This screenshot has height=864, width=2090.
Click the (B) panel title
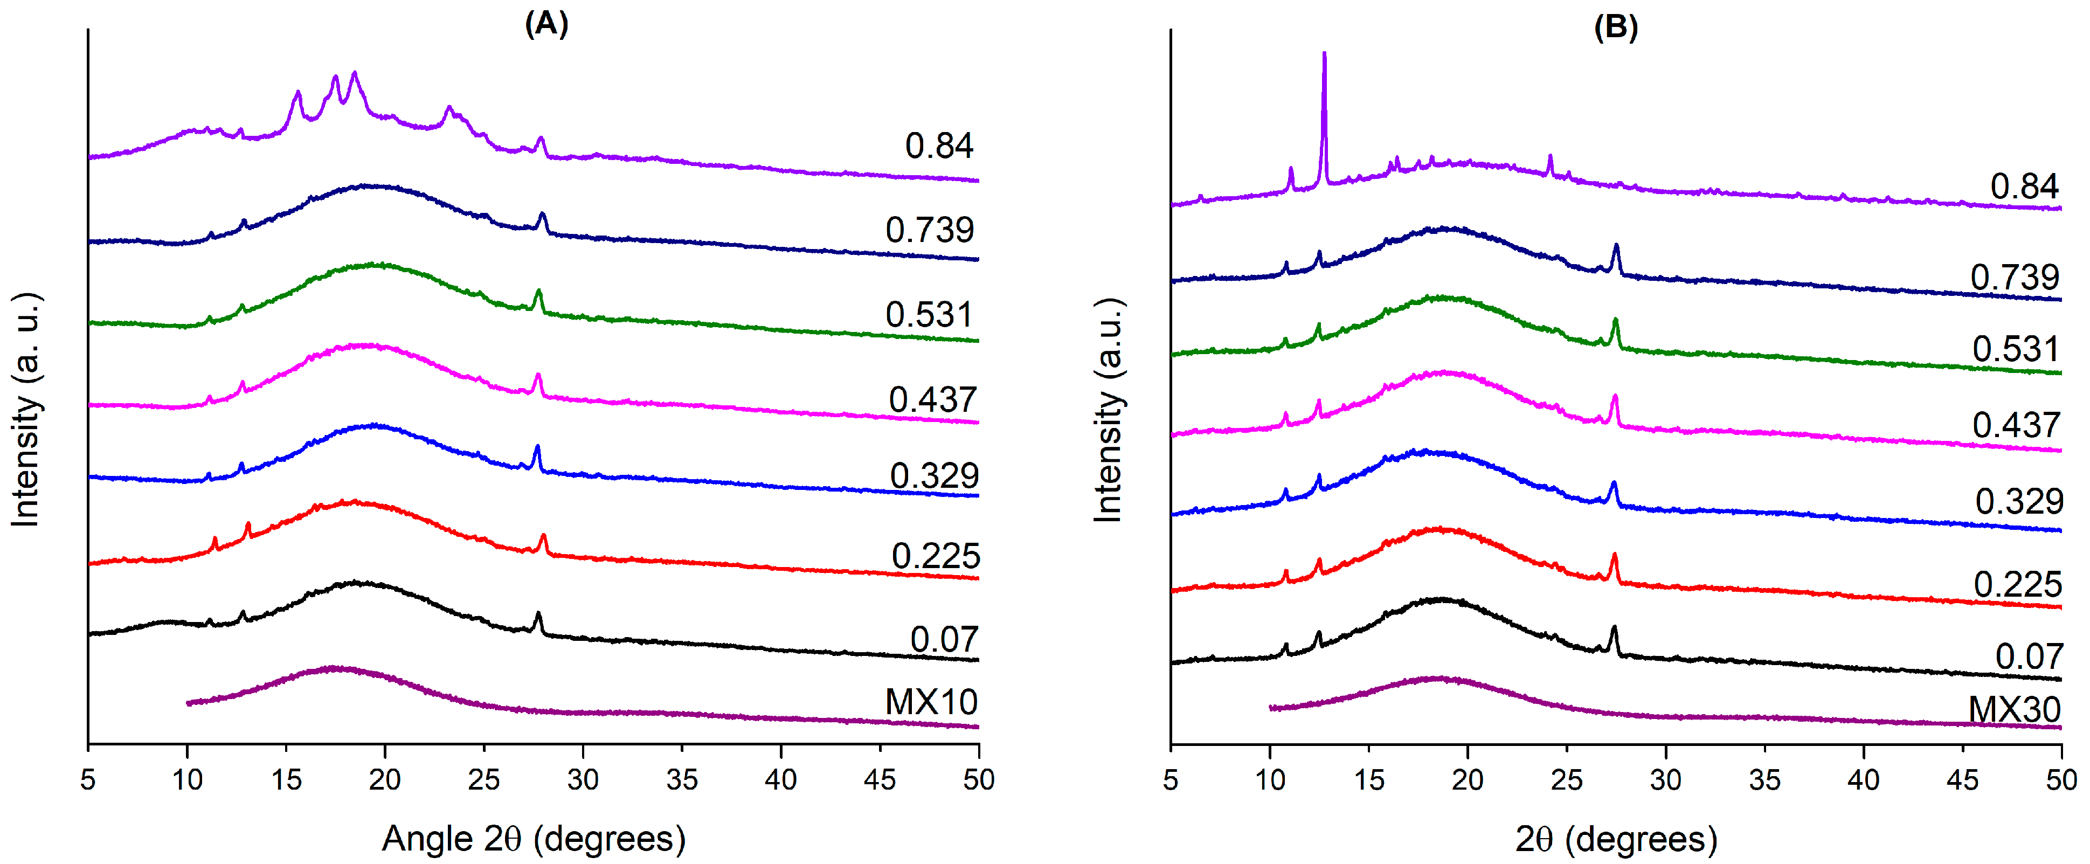[x=1615, y=27]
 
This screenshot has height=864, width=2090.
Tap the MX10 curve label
[x=931, y=702]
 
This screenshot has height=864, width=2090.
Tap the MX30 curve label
[x=2013, y=710]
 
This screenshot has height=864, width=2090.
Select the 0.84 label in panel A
[x=939, y=146]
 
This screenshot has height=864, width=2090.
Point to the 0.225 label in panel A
[x=936, y=557]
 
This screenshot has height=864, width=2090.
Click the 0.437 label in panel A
[x=932, y=400]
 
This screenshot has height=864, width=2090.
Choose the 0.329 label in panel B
[x=2019, y=501]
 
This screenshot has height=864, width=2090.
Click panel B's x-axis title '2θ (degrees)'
[x=1615, y=838]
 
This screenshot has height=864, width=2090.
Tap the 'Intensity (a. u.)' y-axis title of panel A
[x=25, y=410]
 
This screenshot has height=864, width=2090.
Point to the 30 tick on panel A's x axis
[x=583, y=779]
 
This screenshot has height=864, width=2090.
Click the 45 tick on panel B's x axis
[x=1962, y=779]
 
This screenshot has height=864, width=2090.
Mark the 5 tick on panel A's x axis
[x=88, y=779]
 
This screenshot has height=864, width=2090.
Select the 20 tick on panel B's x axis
[x=1467, y=779]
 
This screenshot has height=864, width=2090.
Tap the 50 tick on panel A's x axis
[x=979, y=779]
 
